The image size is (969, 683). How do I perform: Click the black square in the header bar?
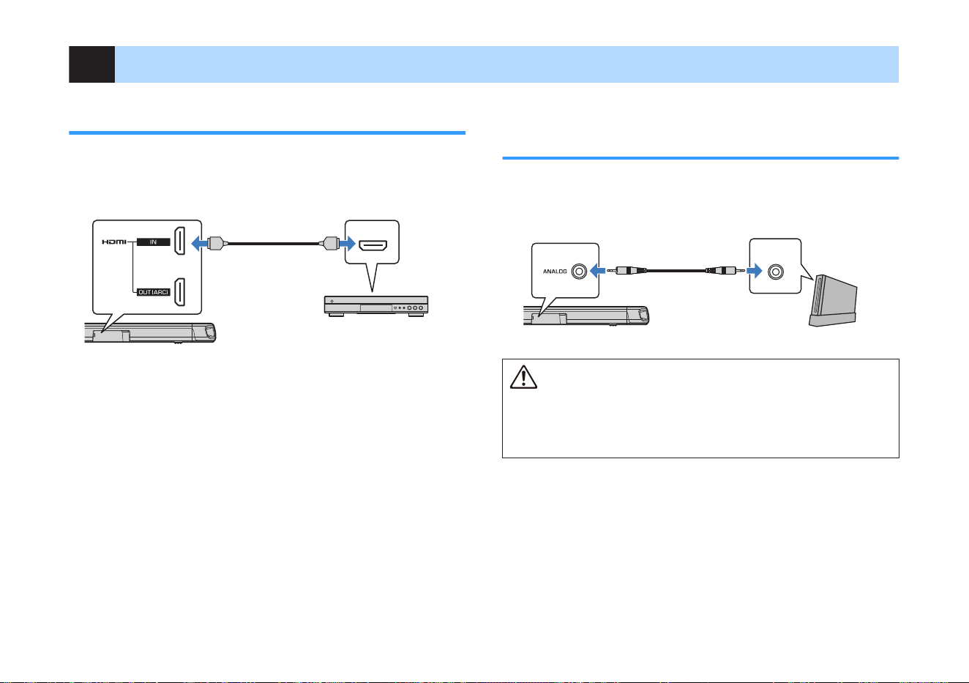point(91,64)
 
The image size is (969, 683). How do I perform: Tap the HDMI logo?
point(114,242)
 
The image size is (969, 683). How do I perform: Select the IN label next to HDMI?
point(154,242)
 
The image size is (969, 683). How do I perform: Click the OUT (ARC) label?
point(154,292)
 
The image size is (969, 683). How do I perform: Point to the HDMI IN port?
point(179,241)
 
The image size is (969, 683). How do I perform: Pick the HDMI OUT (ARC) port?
point(179,292)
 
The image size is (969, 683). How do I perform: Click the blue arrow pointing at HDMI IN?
point(199,243)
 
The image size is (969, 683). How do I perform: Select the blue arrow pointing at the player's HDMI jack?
point(348,243)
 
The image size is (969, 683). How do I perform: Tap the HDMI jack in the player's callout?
point(373,245)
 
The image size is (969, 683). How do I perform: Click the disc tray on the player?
point(376,307)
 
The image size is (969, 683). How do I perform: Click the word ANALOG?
point(555,272)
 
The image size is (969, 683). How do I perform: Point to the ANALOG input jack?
point(579,272)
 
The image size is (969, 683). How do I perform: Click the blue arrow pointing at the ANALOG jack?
point(597,272)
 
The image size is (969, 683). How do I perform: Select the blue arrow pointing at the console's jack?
point(755,272)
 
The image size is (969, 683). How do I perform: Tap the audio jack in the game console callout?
point(776,272)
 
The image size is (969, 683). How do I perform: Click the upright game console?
point(833,301)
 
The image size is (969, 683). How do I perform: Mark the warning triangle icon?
point(523,377)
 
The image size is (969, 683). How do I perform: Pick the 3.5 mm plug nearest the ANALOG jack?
point(626,271)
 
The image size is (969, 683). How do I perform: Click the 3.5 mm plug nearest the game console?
point(725,271)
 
